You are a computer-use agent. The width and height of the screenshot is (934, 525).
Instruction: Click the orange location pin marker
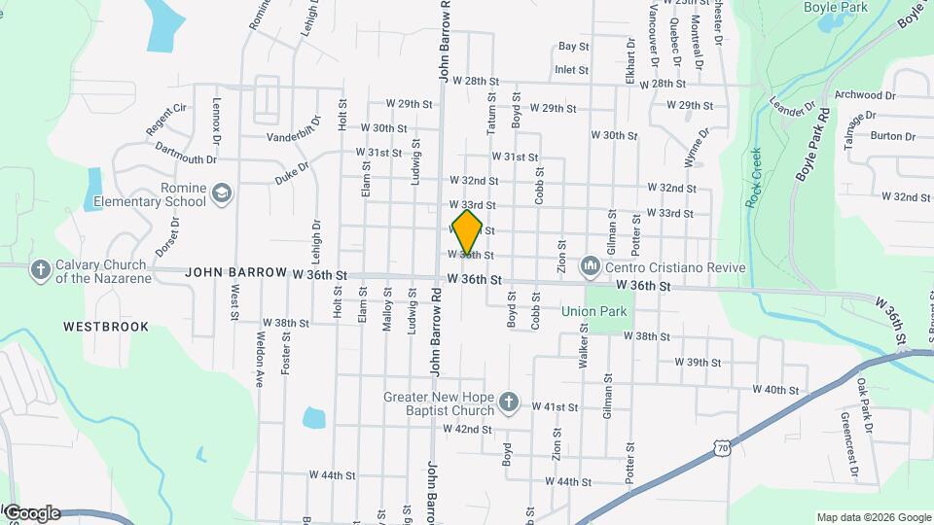(467, 231)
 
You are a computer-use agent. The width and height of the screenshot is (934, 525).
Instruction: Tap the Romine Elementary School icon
(222, 193)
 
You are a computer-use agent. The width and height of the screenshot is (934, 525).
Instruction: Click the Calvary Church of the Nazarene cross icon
(40, 268)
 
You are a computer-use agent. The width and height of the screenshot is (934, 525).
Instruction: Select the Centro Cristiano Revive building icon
(590, 266)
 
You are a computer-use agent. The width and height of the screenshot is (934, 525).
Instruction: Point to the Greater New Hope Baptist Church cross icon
(507, 402)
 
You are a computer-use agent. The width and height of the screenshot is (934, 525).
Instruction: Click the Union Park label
(594, 311)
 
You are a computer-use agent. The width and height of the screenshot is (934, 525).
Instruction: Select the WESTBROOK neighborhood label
(106, 327)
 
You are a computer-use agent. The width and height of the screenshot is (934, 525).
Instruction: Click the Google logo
(31, 512)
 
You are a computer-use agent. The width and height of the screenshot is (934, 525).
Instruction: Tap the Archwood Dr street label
(865, 95)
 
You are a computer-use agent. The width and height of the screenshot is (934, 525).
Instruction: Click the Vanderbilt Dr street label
(294, 136)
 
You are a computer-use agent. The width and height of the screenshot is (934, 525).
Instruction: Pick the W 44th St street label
(333, 475)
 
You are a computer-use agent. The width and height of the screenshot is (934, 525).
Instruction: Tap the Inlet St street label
(571, 70)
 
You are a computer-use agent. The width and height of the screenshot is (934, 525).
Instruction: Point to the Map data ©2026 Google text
(873, 517)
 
